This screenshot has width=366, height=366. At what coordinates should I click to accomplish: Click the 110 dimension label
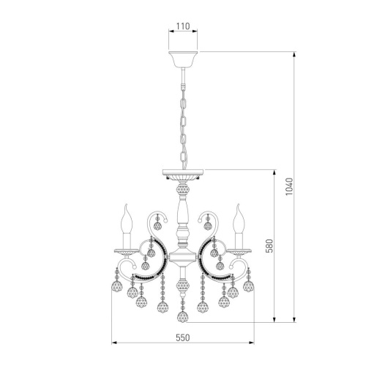(183, 26)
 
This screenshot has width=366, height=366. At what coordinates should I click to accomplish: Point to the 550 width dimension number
(183, 337)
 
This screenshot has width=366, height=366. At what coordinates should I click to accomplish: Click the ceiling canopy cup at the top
(183, 60)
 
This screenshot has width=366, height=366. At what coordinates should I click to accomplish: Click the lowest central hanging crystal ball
(183, 317)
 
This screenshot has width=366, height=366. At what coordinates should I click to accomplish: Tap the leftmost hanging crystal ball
(117, 286)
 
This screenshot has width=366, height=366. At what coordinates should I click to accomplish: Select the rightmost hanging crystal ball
(249, 285)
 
